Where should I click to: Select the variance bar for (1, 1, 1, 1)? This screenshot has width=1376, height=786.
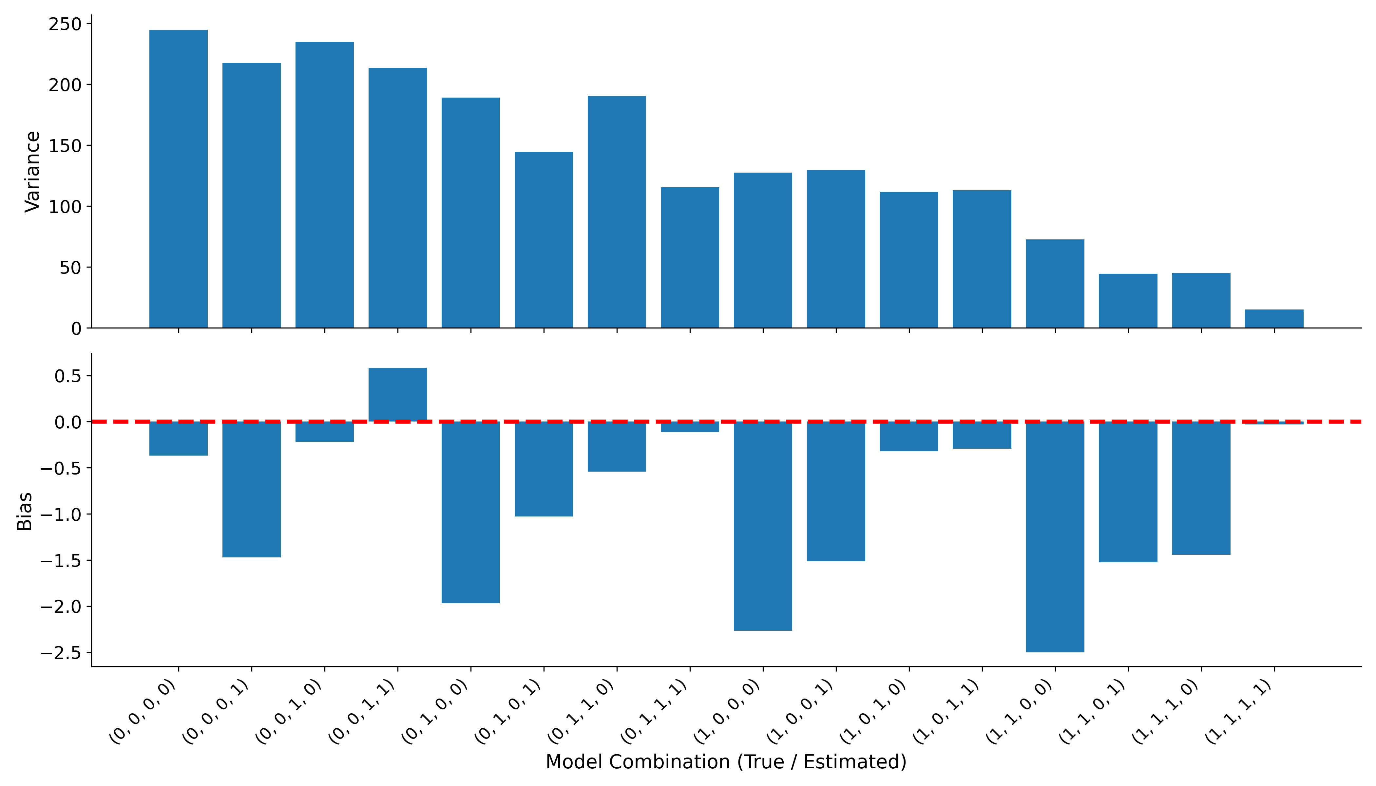[1274, 319]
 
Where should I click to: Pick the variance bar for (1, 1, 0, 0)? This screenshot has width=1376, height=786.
[1055, 283]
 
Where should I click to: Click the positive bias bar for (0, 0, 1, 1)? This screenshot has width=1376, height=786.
[397, 395]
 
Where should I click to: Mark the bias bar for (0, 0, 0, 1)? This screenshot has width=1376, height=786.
[252, 489]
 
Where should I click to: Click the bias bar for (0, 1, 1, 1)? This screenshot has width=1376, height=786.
[690, 427]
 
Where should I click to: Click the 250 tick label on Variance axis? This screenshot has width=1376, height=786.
[65, 24]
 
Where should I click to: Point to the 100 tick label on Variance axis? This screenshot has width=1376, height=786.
[65, 207]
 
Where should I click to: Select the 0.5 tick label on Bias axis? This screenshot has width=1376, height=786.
[67, 376]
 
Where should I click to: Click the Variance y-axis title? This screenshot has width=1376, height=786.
[32, 172]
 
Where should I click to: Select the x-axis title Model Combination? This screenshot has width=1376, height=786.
[726, 762]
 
